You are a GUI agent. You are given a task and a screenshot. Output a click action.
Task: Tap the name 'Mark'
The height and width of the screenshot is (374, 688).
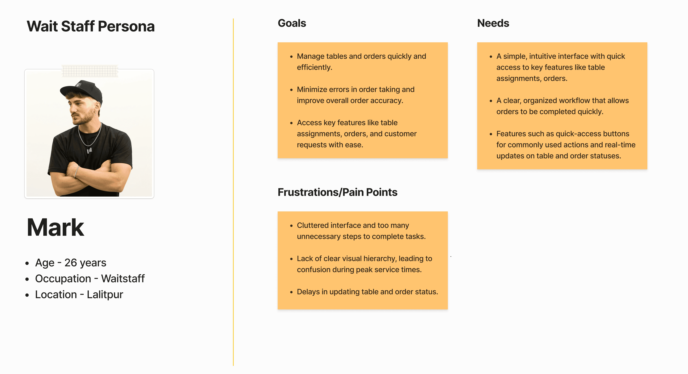(56, 228)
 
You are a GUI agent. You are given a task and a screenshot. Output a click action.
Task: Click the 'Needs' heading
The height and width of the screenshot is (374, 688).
(493, 23)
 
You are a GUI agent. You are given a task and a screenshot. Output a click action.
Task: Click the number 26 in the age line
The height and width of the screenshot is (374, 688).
(71, 263)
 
